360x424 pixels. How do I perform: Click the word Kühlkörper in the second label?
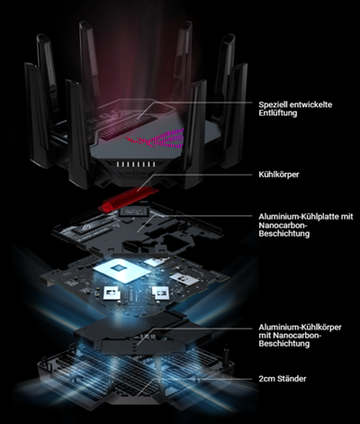(279, 175)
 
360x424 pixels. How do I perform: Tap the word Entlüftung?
(278, 113)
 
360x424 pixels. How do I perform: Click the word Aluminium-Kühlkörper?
(300, 327)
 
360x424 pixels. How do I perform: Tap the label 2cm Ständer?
(283, 379)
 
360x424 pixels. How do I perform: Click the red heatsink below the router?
(129, 199)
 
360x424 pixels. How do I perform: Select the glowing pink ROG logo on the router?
(156, 139)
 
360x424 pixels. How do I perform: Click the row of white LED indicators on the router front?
(136, 164)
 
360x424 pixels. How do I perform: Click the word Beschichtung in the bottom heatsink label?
(283, 344)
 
